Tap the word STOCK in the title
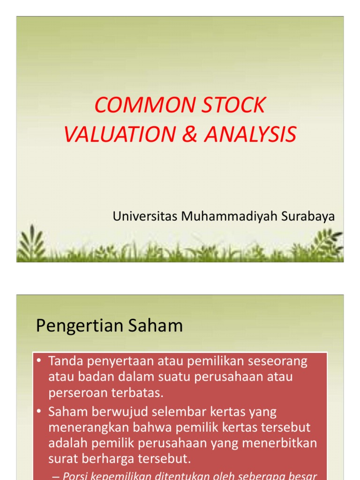tap(233, 105)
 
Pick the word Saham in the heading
tap(157, 325)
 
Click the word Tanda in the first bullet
tap(65, 361)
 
